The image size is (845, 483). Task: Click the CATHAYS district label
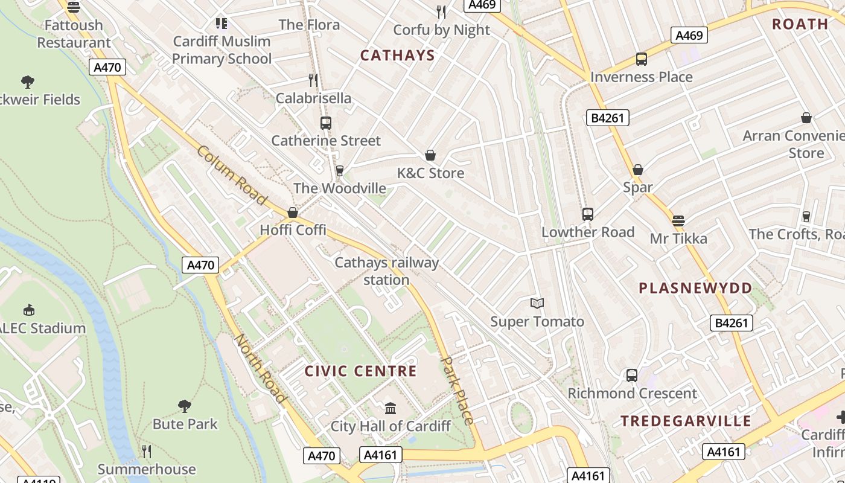pyautogui.click(x=397, y=56)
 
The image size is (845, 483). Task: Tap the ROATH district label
pyautogui.click(x=800, y=24)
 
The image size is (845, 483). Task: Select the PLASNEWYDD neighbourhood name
pyautogui.click(x=695, y=288)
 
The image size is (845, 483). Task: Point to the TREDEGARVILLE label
pyautogui.click(x=686, y=421)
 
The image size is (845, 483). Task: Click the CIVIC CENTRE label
pyautogui.click(x=361, y=371)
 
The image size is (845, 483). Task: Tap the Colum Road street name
pyautogui.click(x=232, y=175)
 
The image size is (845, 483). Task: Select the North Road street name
pyautogui.click(x=260, y=368)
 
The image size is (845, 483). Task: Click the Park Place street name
pyautogui.click(x=458, y=390)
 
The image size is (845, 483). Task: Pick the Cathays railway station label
pyautogui.click(x=386, y=271)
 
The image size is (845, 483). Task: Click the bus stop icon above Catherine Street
pyautogui.click(x=326, y=123)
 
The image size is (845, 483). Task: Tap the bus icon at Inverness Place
pyautogui.click(x=641, y=59)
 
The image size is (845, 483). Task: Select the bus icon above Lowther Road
pyautogui.click(x=587, y=214)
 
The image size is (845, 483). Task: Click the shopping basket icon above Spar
pyautogui.click(x=638, y=170)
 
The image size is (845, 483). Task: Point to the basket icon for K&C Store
pyautogui.click(x=430, y=156)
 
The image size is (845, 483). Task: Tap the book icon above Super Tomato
pyautogui.click(x=537, y=303)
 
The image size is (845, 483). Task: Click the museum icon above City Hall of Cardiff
pyautogui.click(x=391, y=409)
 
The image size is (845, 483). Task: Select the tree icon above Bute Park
pyautogui.click(x=185, y=406)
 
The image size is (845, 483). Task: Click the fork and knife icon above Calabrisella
pyautogui.click(x=313, y=80)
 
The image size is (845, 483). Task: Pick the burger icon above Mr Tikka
pyautogui.click(x=678, y=220)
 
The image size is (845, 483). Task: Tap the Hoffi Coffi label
pyautogui.click(x=293, y=230)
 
